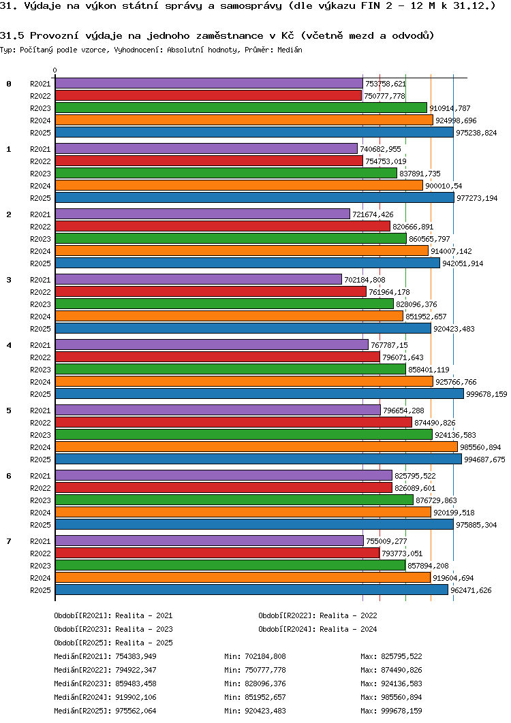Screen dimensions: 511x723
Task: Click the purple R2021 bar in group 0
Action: coord(209,84)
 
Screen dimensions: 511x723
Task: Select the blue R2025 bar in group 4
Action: coord(260,393)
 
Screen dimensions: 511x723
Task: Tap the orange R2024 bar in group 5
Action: coord(256,447)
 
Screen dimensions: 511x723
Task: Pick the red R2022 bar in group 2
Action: coord(223,227)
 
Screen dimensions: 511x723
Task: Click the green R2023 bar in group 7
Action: coord(230,565)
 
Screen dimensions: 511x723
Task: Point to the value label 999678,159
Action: coord(486,394)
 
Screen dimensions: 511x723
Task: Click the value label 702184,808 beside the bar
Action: coord(365,280)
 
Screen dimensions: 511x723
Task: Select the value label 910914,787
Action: coord(450,108)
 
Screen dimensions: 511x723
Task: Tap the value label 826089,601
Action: coord(415,488)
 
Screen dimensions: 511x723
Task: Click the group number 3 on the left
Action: coord(9,280)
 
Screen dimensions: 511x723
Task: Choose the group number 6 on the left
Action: coord(9,476)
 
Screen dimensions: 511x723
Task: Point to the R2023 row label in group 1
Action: coord(41,174)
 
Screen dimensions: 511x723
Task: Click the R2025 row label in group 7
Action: coord(41,590)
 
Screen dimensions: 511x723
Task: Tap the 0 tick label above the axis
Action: coord(55,71)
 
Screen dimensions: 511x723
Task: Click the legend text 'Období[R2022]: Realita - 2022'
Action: coord(318,615)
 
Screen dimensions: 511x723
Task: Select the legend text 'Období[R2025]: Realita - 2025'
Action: coord(114,643)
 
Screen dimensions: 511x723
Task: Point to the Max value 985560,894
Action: coord(401,697)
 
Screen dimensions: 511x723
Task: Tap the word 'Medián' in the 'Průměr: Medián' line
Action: coord(290,50)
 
